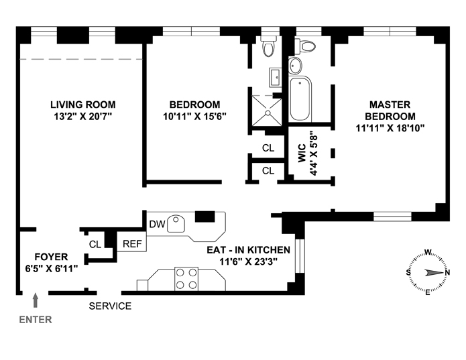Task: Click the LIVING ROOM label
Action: [x=83, y=105]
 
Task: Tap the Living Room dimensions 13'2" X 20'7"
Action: [x=83, y=116]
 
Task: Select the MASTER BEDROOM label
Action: [x=390, y=110]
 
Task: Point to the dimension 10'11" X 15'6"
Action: [x=194, y=116]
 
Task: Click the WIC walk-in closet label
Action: [x=302, y=153]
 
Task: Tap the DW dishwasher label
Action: [x=157, y=224]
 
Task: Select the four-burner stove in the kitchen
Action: [x=186, y=279]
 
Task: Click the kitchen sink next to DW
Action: [x=176, y=224]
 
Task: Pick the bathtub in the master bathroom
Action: [x=300, y=99]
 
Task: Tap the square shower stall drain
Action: [x=268, y=113]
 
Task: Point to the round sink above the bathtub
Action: [x=295, y=65]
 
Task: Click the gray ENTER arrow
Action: [x=36, y=300]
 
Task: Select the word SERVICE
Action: [x=110, y=306]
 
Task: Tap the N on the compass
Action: [x=447, y=272]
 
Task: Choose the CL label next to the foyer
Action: [x=95, y=244]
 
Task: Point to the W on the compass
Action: [x=428, y=253]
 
